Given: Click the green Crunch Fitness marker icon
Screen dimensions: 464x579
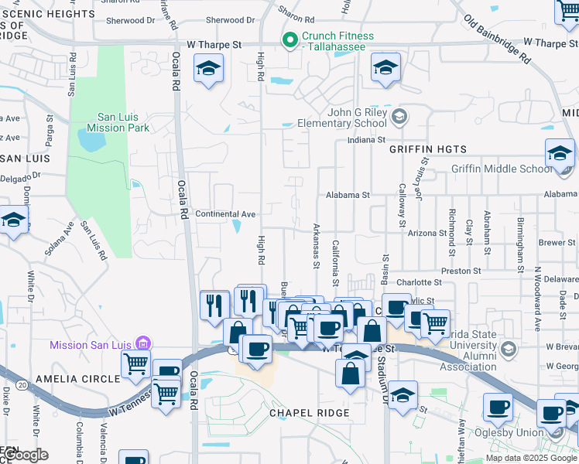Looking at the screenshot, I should (291, 41).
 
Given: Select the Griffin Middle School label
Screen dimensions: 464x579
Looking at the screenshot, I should (502, 169).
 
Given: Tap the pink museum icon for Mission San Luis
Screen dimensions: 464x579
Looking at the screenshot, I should (142, 343).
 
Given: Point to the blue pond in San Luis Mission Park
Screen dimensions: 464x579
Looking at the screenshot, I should (91, 141).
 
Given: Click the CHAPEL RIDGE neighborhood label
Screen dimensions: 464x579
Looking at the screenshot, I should (309, 413).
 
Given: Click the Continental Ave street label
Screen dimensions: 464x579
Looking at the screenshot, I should (225, 213).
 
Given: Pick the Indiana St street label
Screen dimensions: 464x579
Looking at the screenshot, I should (366, 140).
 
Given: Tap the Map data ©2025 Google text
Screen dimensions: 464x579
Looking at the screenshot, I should (531, 458).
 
